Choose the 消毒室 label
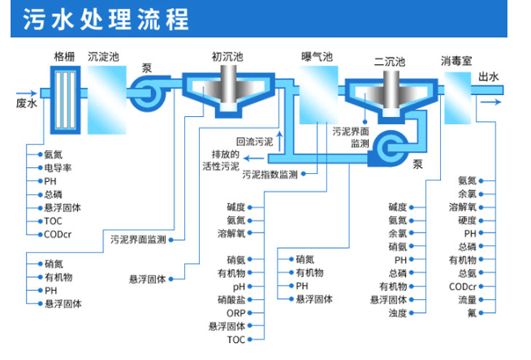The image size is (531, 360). point(456,61)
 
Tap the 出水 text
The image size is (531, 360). point(489,77)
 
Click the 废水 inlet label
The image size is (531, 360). point(26,103)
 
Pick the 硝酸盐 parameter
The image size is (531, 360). point(231,299)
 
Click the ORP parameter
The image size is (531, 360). point(235,313)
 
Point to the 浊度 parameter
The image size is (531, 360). point(397,313)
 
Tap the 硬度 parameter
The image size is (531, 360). point(467,220)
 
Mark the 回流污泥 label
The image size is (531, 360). point(254,141)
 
